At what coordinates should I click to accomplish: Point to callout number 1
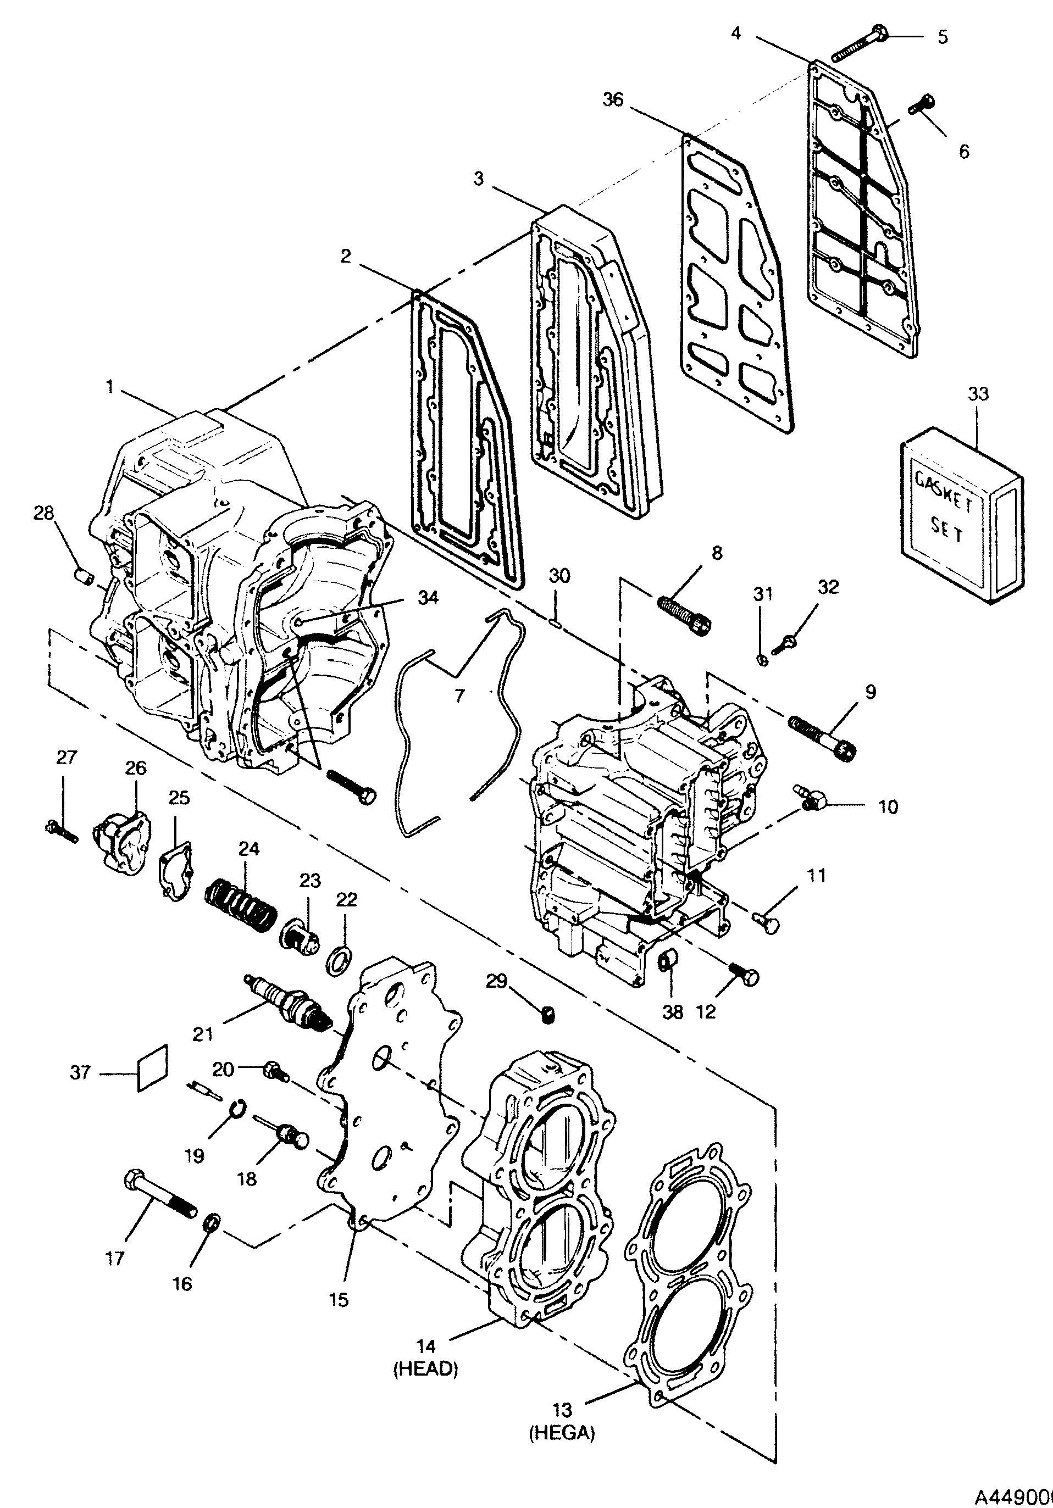click(110, 387)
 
